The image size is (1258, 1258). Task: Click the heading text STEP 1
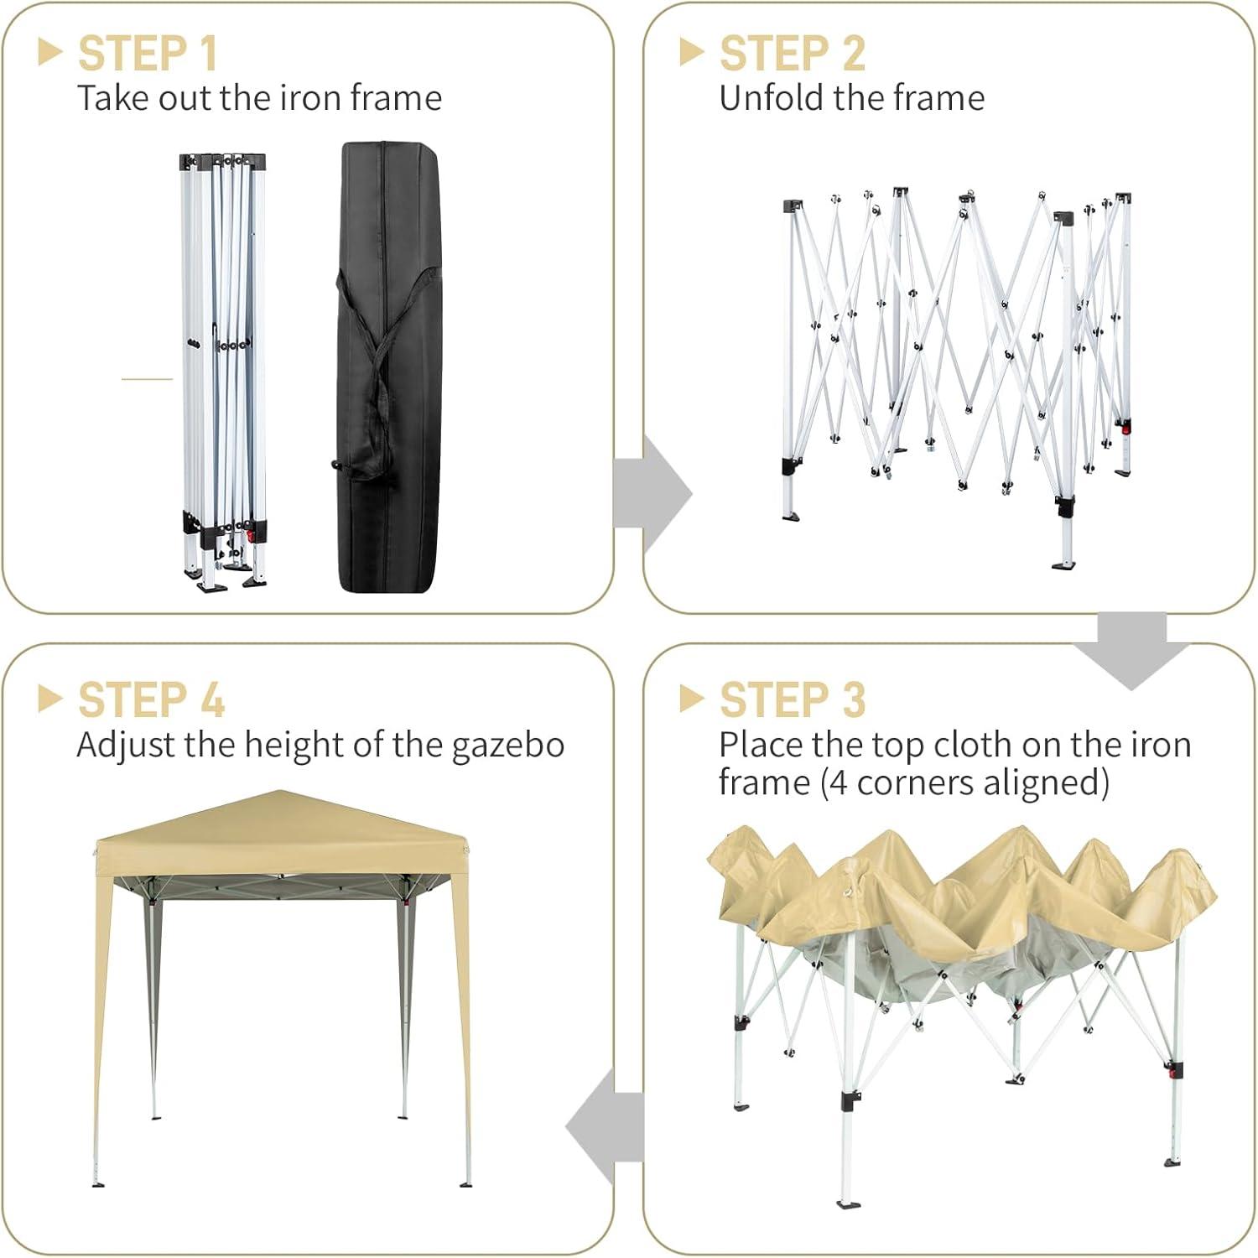[x=148, y=54]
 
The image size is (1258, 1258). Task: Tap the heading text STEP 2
[x=792, y=54]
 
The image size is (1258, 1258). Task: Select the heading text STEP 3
[x=792, y=700]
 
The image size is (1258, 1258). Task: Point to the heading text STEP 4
[x=151, y=700]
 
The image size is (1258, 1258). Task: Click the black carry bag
[x=388, y=366]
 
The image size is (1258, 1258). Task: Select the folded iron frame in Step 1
[x=223, y=372]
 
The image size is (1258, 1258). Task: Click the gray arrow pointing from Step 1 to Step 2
[x=652, y=494]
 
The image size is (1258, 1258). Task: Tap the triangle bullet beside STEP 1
[x=50, y=52]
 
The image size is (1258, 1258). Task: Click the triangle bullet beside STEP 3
[x=691, y=699]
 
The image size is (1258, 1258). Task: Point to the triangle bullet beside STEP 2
[x=691, y=52]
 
